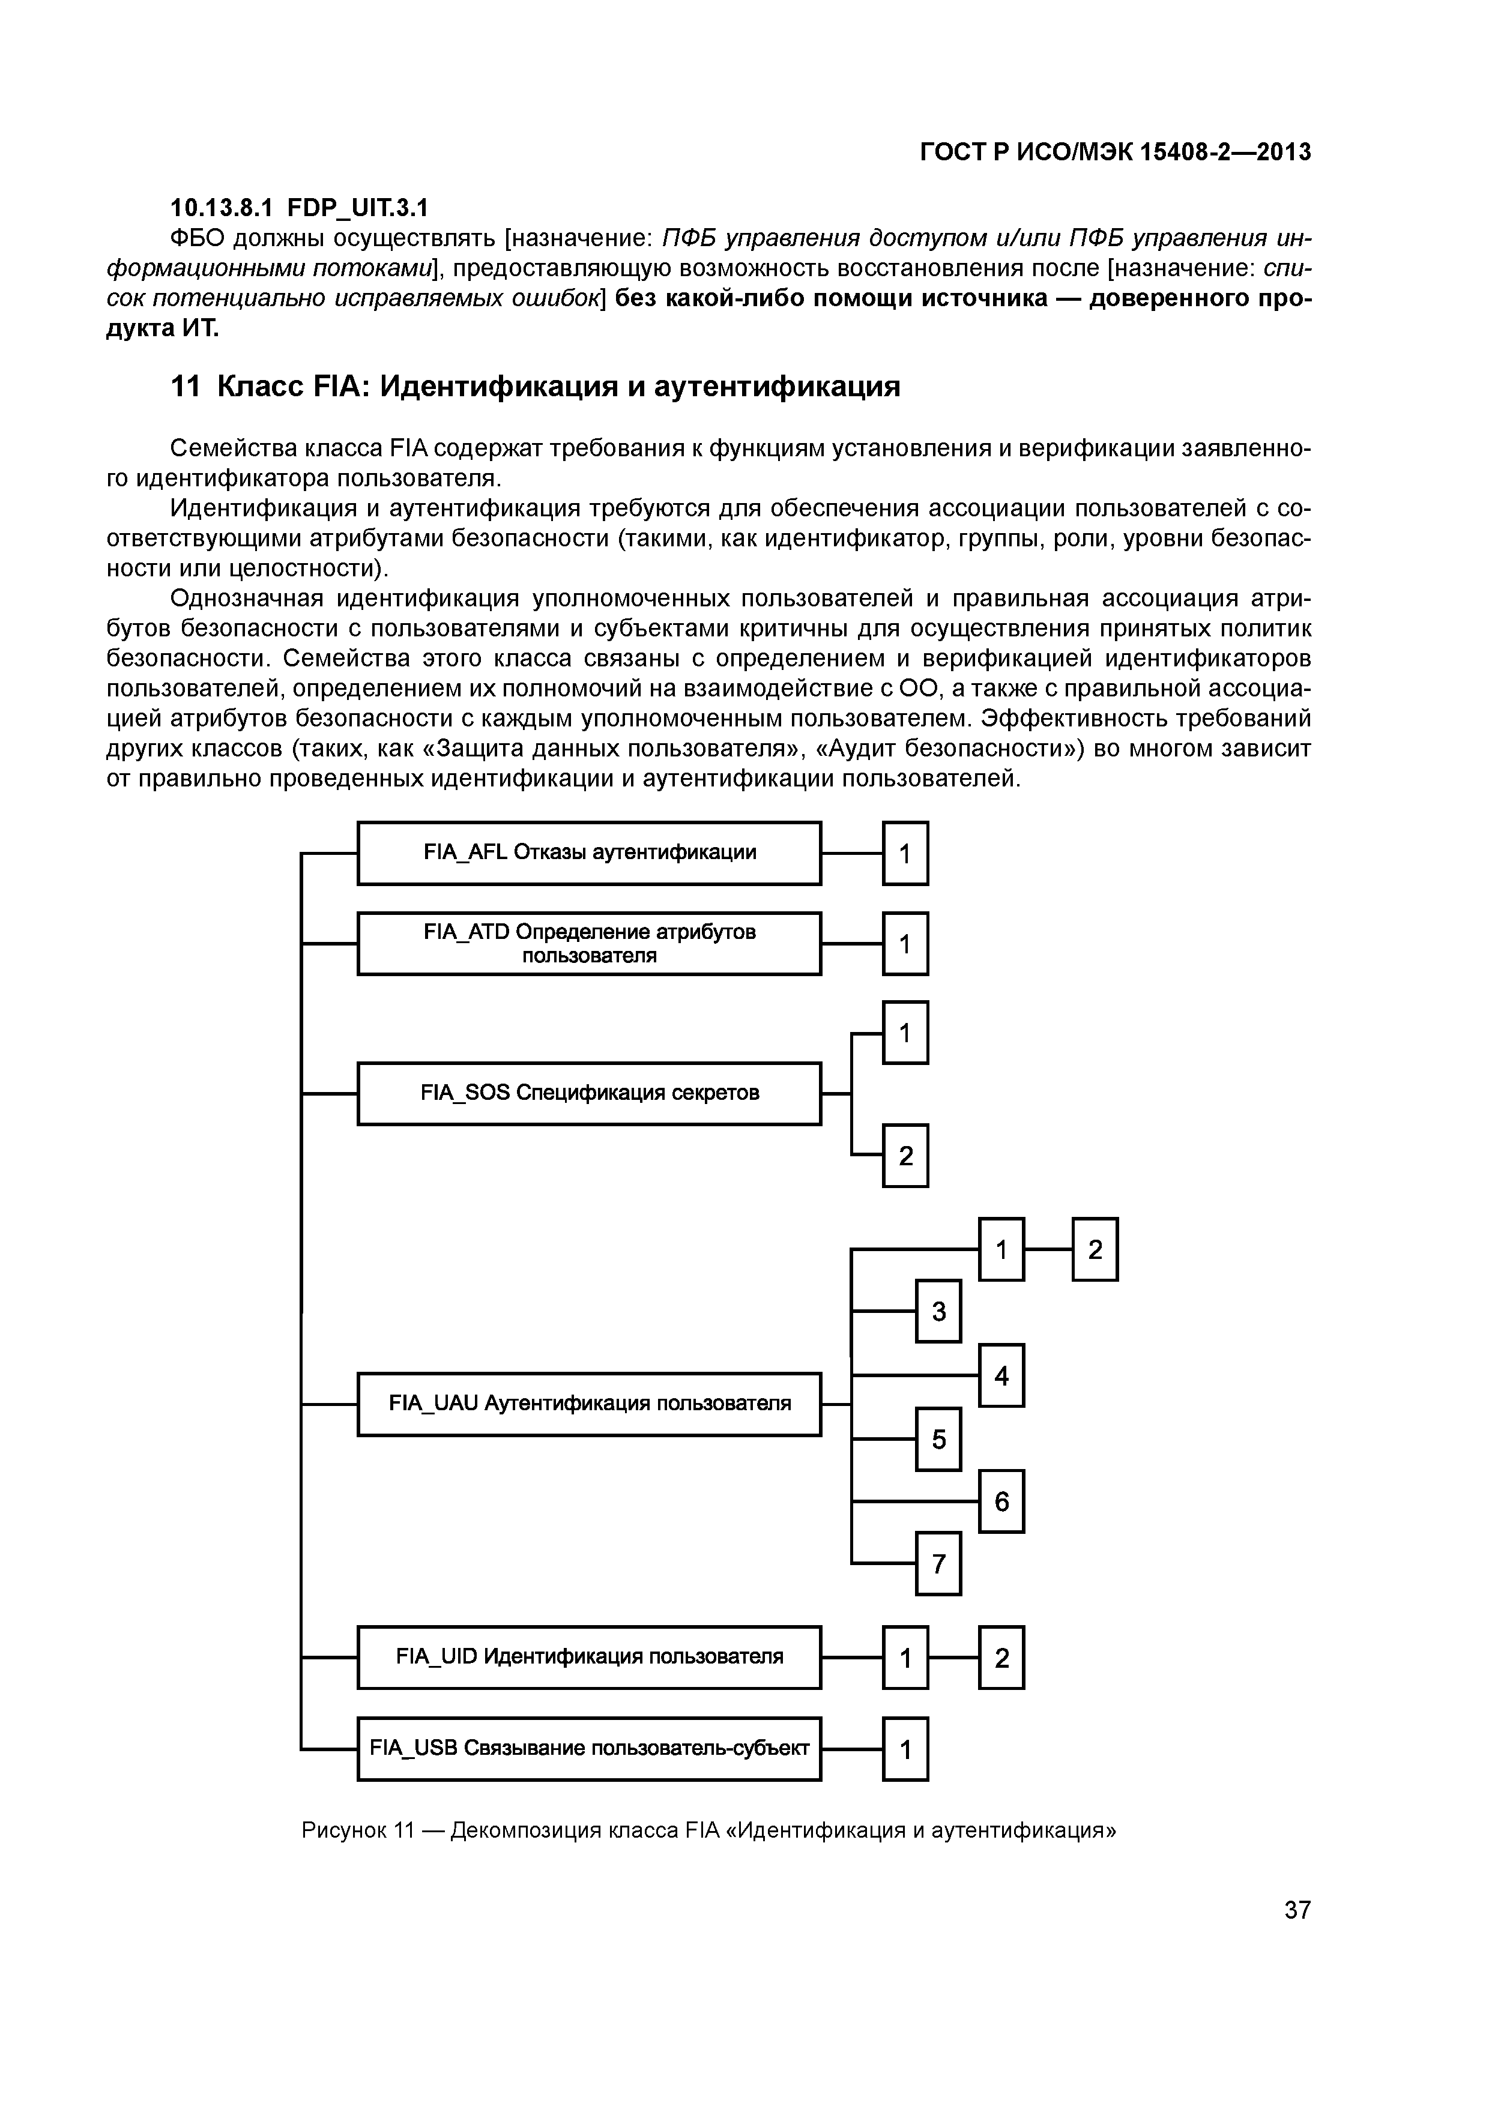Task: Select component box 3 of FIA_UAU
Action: tap(938, 1312)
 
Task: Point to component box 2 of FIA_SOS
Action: tap(905, 1156)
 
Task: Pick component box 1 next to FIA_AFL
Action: tap(905, 853)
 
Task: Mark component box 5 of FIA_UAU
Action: tap(938, 1439)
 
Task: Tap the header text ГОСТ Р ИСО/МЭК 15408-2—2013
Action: tap(1115, 152)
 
